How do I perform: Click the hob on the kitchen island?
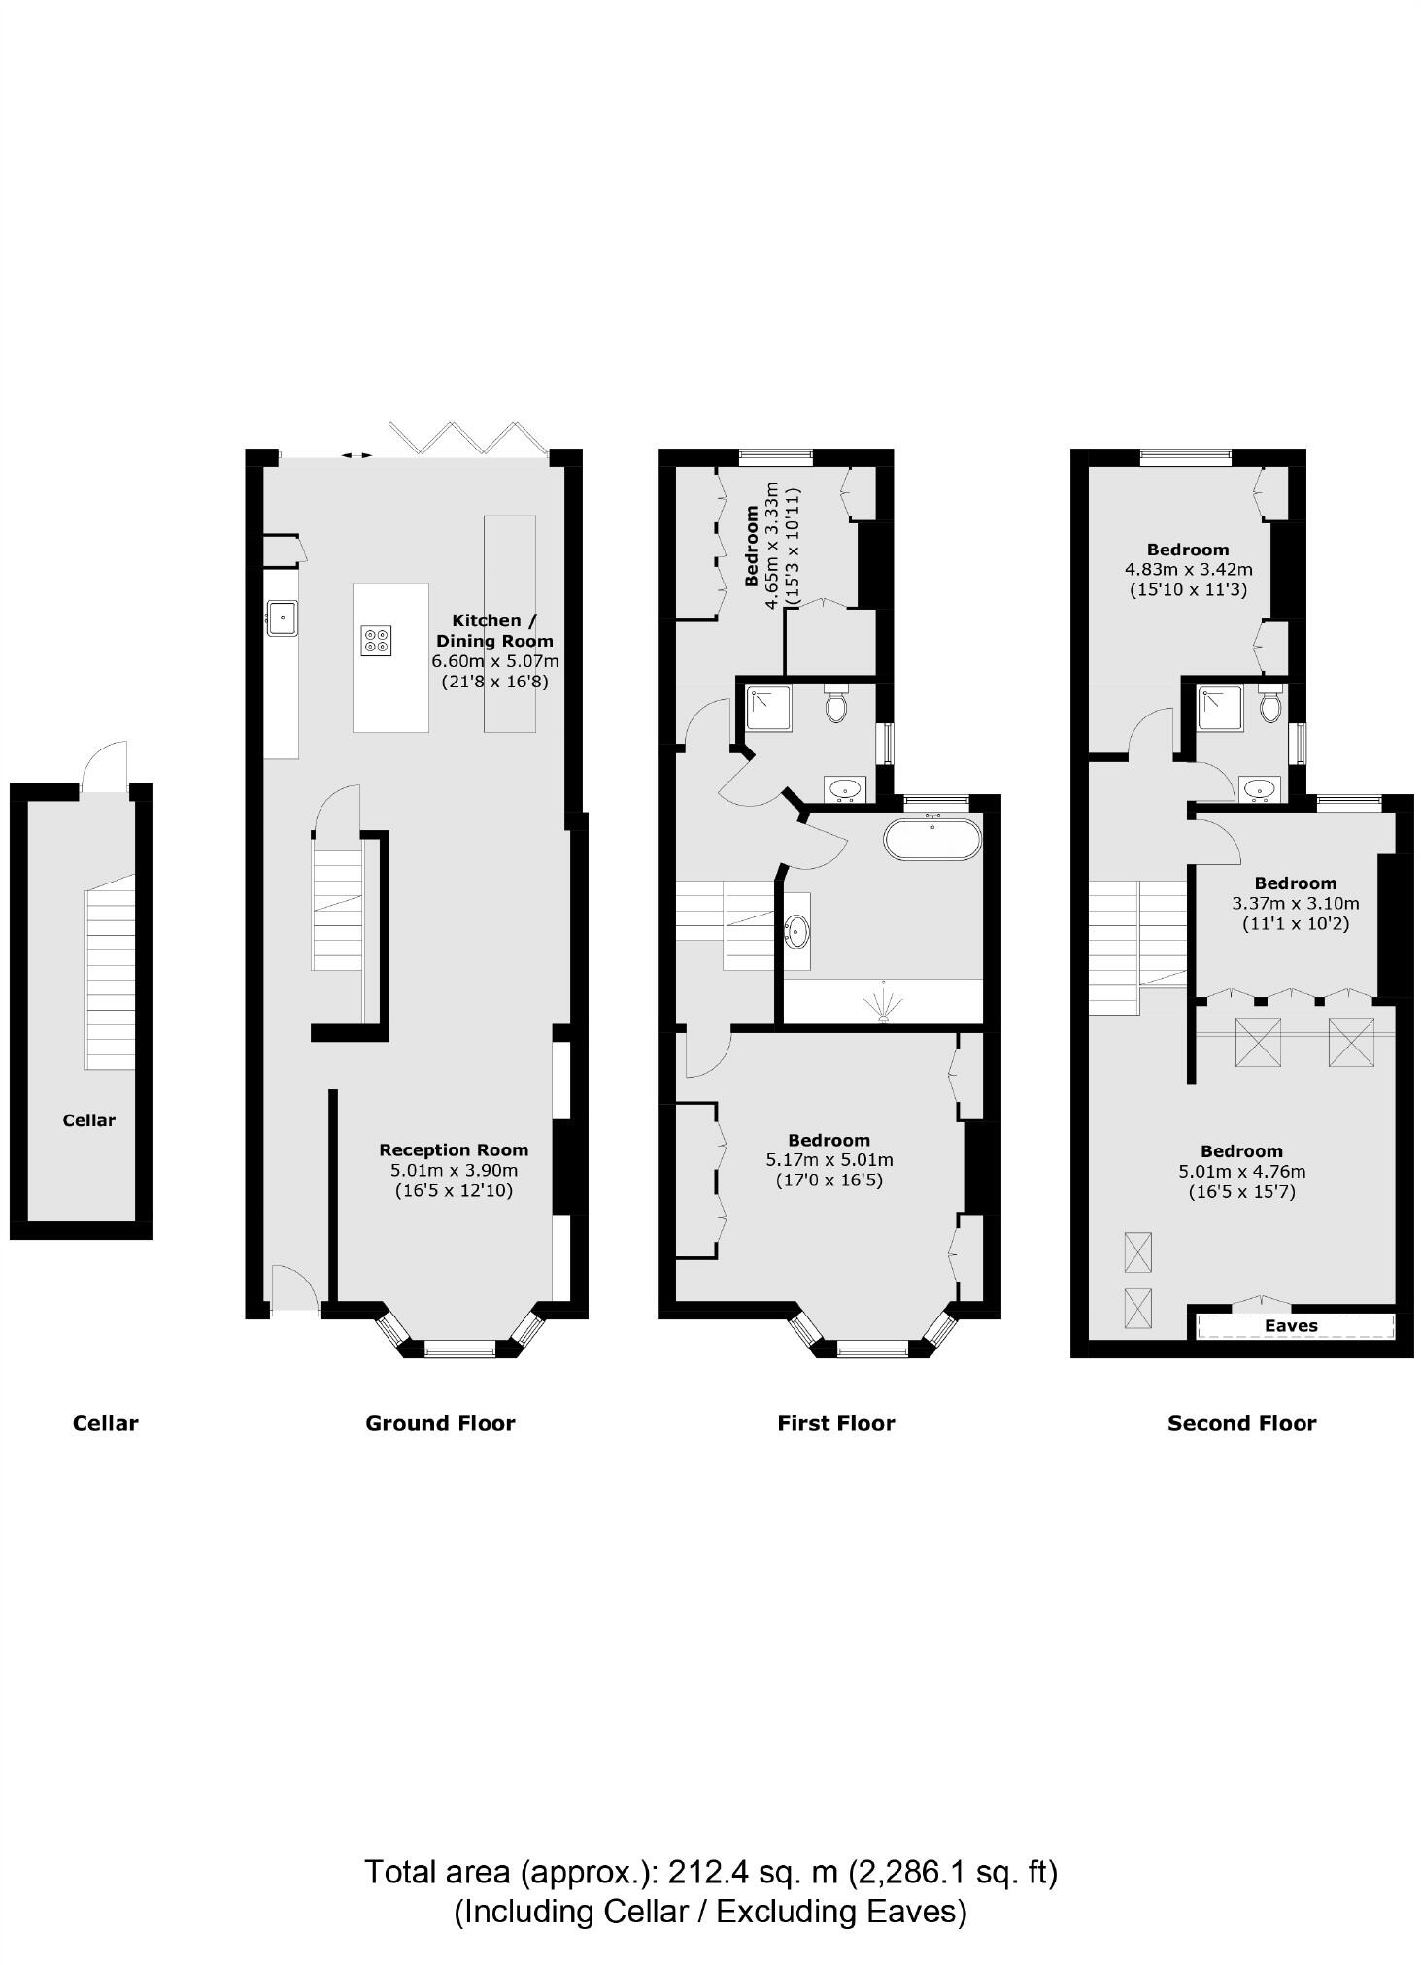point(376,640)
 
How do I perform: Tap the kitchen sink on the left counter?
point(282,617)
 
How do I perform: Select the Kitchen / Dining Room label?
point(494,630)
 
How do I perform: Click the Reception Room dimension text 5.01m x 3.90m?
point(454,1170)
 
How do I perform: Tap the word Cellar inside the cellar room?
point(88,1119)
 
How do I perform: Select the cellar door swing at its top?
point(105,767)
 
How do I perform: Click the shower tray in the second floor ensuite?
point(1220,708)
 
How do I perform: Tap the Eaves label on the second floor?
point(1291,1325)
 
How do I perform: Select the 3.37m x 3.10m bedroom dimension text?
point(1295,903)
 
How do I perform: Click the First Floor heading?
point(835,1423)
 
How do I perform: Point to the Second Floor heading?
point(1241,1423)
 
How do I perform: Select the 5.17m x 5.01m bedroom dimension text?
point(829,1159)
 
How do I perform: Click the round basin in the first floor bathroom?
point(798,932)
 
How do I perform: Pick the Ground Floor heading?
point(440,1423)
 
